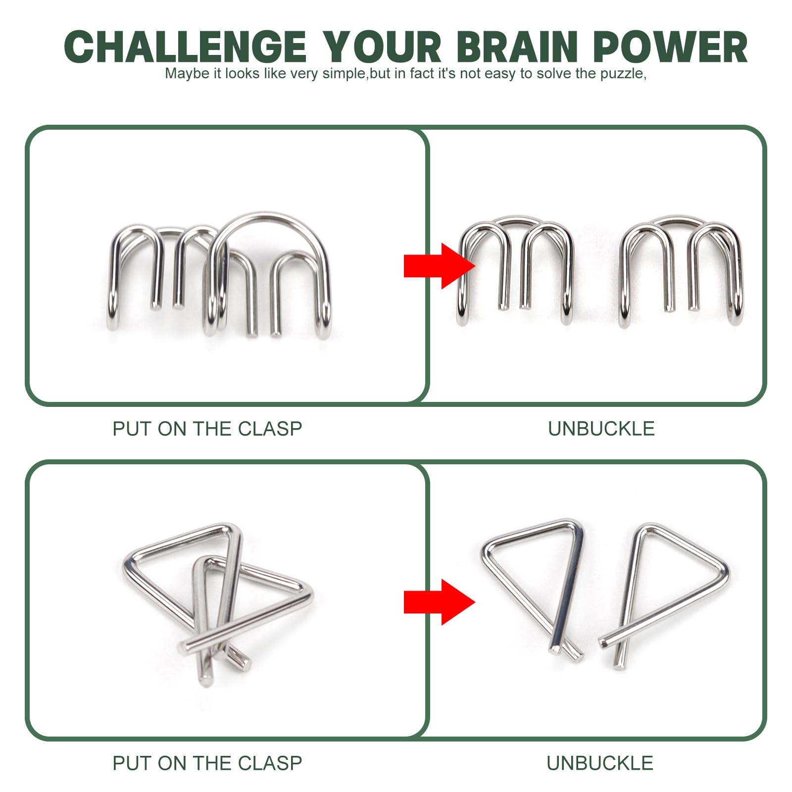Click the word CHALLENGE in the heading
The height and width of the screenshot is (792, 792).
[185, 47]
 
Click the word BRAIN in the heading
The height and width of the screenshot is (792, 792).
[517, 47]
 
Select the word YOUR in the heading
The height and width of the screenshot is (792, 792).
[381, 47]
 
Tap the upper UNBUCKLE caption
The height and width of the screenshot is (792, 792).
[601, 429]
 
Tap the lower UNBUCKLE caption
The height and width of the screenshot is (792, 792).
[600, 763]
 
